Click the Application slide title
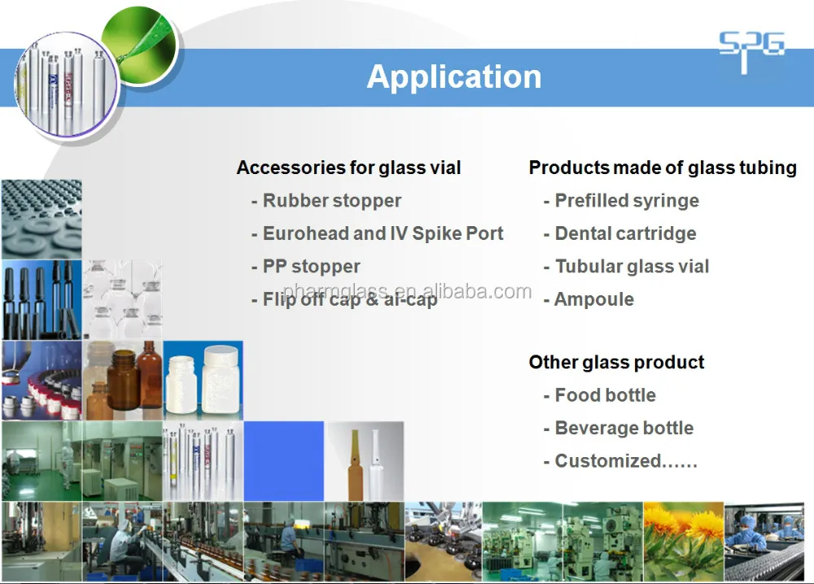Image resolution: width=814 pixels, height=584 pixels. tap(453, 76)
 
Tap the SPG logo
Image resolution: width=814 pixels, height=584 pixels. tap(751, 50)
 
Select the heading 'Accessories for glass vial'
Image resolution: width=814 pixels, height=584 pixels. tap(348, 168)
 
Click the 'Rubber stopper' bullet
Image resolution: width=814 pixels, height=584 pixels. tap(331, 201)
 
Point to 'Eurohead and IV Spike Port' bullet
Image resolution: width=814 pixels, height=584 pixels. tap(383, 233)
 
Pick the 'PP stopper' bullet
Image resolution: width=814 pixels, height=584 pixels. tap(311, 267)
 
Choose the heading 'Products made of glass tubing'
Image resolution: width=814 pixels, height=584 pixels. tap(663, 168)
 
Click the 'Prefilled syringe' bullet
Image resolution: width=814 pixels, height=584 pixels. tap(626, 201)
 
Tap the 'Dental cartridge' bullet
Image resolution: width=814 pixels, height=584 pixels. tap(625, 233)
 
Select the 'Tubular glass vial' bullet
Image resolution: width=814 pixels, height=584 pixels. tap(632, 267)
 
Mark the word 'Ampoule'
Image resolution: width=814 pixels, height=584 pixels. tap(594, 299)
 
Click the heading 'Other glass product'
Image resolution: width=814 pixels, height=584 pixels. tap(616, 362)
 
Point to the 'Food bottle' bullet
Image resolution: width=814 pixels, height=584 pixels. tap(605, 395)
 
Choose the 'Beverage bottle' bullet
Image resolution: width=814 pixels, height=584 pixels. tap(624, 428)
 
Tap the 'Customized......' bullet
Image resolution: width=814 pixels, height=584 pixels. tap(625, 461)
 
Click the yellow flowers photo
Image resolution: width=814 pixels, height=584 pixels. tap(683, 541)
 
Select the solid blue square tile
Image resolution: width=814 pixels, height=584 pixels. tap(283, 460)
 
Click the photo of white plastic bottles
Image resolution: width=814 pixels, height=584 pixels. tap(203, 380)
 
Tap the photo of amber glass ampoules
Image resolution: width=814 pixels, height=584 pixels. tap(365, 460)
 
